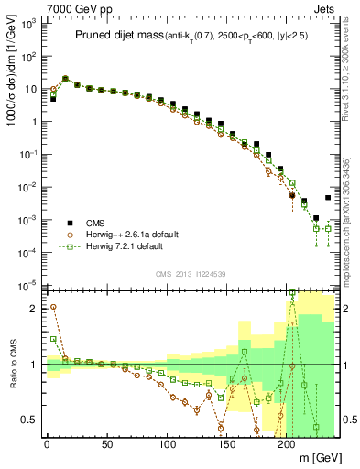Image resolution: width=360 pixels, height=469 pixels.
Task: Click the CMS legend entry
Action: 99,222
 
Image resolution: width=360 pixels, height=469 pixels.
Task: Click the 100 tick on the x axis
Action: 167,445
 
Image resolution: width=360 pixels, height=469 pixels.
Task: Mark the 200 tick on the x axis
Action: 287,445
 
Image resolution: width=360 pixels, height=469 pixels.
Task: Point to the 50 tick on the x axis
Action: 106,445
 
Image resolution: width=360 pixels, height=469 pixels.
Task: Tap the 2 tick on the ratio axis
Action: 34,309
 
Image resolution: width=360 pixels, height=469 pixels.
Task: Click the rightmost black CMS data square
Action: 328,198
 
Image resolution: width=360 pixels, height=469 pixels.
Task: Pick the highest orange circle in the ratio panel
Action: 53,307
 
